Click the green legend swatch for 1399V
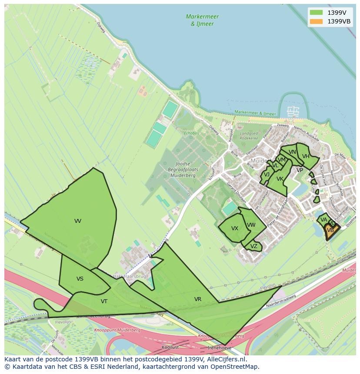point(317,12)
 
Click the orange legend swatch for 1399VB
point(317,21)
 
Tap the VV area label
point(78,221)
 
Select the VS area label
point(80,279)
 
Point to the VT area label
point(104,301)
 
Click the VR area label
point(198,299)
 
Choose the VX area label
point(235,228)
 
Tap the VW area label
point(251,225)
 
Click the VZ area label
point(254,246)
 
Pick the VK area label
point(280,179)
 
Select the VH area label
point(306,156)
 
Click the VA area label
point(323,220)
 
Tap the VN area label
point(292,152)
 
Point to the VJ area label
point(267,175)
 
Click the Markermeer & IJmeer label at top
point(202,20)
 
